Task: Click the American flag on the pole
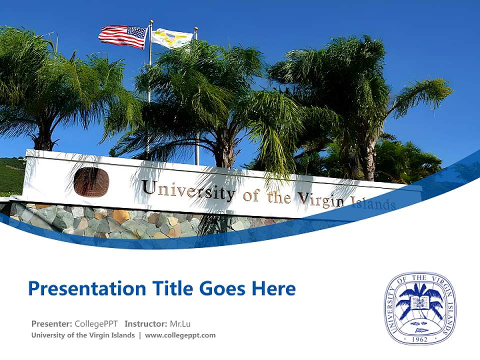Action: coord(123,36)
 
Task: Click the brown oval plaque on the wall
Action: coord(91,182)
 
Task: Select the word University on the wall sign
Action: coord(188,190)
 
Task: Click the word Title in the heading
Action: coord(169,288)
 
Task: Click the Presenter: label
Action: coord(51,323)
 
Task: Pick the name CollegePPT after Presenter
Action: coord(96,323)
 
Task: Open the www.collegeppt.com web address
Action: coord(180,335)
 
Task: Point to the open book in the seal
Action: coord(419,303)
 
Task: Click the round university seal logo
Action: coord(420,308)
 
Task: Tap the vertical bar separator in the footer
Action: coord(140,335)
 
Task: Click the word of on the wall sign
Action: coord(251,195)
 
